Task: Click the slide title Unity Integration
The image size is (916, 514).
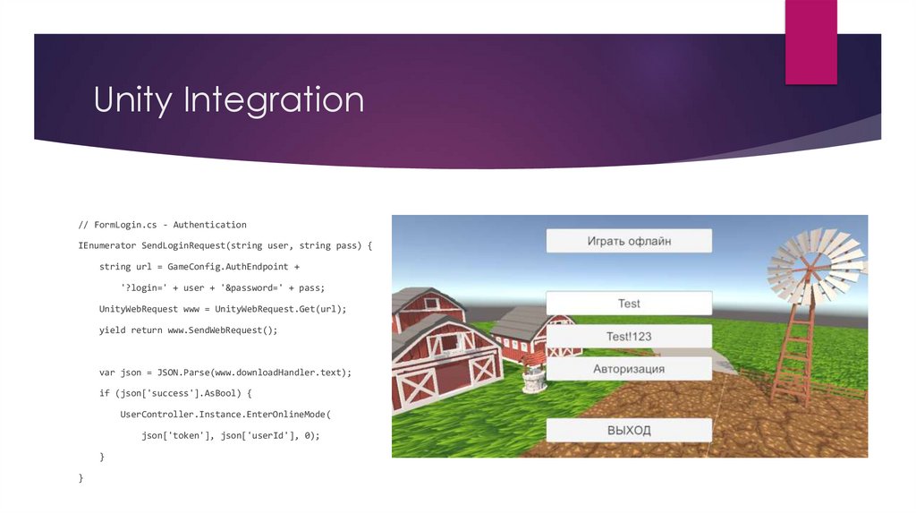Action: tap(229, 99)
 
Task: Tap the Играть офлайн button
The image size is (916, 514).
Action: tap(629, 241)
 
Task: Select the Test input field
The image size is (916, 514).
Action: tap(629, 304)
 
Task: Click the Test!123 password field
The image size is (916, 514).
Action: tap(629, 337)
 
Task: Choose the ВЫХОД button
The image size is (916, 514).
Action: tap(629, 431)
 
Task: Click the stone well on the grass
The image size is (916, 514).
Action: tap(534, 378)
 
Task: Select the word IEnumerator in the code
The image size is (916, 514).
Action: tap(107, 245)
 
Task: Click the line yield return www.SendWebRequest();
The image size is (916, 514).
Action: tap(189, 330)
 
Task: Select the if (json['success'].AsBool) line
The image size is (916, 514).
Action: tap(176, 393)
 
